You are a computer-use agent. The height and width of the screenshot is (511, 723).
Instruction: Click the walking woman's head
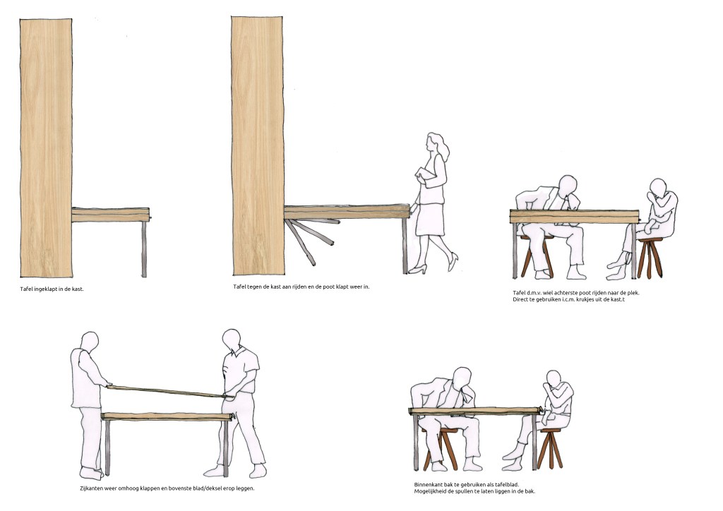(434, 143)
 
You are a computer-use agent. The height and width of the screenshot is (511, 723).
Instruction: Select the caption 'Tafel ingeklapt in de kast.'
(52, 289)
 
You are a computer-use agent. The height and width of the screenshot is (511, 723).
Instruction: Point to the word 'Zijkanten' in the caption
(93, 488)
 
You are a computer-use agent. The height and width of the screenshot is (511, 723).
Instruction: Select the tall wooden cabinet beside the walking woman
(258, 145)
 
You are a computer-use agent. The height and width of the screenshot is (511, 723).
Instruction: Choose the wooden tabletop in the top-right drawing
(573, 216)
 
